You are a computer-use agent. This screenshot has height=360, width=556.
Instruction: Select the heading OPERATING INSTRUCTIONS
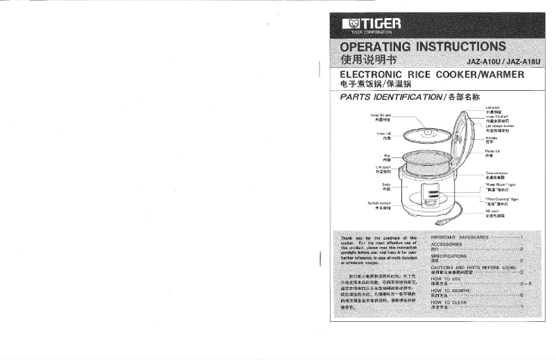click(422, 47)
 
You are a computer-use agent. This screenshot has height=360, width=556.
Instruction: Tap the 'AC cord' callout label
click(492, 213)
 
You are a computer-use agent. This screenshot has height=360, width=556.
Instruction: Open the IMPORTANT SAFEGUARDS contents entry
click(460, 237)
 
